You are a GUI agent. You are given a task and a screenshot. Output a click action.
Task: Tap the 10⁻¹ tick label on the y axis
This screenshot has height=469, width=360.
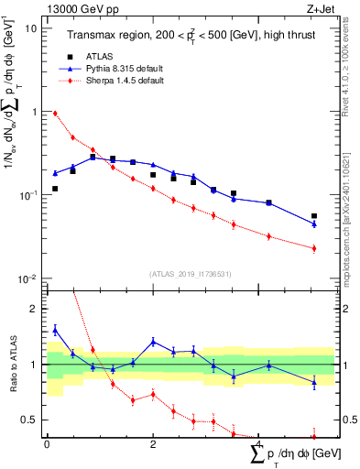[x=26, y=195]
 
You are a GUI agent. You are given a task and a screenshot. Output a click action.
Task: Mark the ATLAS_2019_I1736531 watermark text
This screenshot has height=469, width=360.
[x=184, y=273]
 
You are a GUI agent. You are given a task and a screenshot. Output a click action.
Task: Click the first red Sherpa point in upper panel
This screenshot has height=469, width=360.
[x=55, y=114]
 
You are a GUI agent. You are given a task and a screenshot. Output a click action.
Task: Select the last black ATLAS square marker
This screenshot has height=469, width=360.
[x=314, y=216]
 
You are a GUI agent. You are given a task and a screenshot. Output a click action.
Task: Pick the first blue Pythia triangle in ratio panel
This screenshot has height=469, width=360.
[x=55, y=330]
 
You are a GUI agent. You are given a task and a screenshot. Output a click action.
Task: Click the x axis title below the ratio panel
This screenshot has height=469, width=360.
[x=285, y=453]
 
